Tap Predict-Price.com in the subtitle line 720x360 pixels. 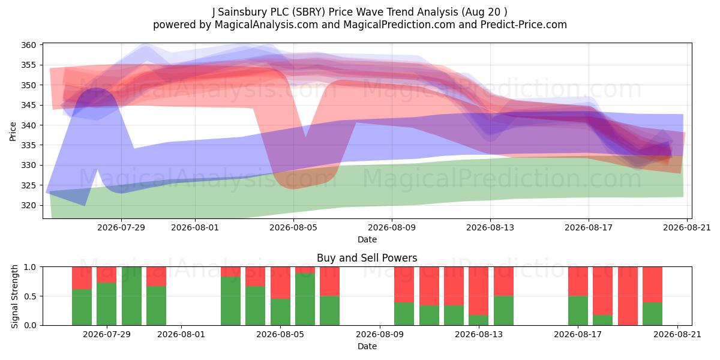coord(524,25)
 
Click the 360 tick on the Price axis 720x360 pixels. coord(28,45)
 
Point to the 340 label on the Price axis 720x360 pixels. coord(28,125)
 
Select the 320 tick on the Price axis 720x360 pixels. coord(28,205)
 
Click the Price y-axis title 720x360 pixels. coord(13,131)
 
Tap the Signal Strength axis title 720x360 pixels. coord(14,296)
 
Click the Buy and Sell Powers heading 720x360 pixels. coord(367,258)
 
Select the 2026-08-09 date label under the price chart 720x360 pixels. coord(392,227)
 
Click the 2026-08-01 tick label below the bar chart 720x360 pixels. coord(181,334)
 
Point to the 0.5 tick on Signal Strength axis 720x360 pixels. coord(30,296)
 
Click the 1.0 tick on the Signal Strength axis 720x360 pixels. coord(30,267)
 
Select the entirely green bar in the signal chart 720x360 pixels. coord(131,296)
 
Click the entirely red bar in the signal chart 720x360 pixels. coord(628,296)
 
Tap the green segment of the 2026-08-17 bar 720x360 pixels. coord(578,311)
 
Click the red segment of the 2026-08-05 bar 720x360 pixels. coord(280,283)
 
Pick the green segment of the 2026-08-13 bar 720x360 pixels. coord(479,320)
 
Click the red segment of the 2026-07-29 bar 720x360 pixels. coord(106,275)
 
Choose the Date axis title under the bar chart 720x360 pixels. coord(367,346)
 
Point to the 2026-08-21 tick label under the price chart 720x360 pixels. coord(687,227)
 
